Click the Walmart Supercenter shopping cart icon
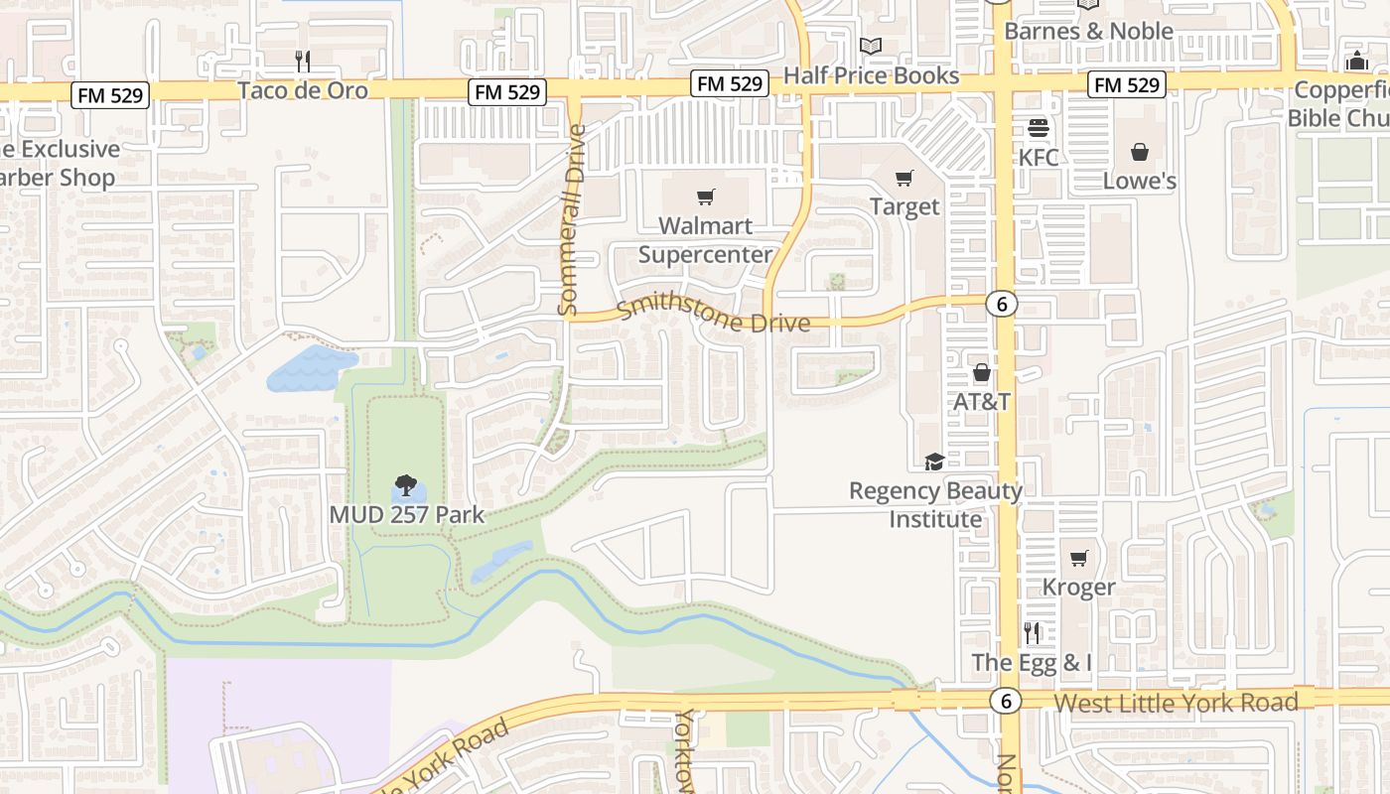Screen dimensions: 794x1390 [706, 197]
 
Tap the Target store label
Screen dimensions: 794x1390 [903, 206]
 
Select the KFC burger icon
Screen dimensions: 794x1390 [1039, 128]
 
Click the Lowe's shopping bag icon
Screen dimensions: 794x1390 [1140, 152]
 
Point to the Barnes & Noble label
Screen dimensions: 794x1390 [1088, 31]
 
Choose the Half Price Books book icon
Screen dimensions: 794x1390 [871, 46]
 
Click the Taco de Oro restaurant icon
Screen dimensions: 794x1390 [303, 62]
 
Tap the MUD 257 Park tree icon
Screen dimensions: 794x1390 [405, 485]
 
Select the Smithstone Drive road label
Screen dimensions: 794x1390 [713, 316]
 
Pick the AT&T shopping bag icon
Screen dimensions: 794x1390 [982, 372]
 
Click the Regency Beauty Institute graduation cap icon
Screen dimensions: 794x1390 [934, 462]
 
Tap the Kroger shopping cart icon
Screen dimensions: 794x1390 [1079, 558]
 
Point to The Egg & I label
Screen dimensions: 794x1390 [1032, 663]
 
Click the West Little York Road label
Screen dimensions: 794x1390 [1176, 703]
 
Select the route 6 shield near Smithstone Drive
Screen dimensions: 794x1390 [1002, 305]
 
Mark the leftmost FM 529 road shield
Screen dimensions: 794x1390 [109, 95]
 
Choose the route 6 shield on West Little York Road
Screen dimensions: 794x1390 [1006, 701]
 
